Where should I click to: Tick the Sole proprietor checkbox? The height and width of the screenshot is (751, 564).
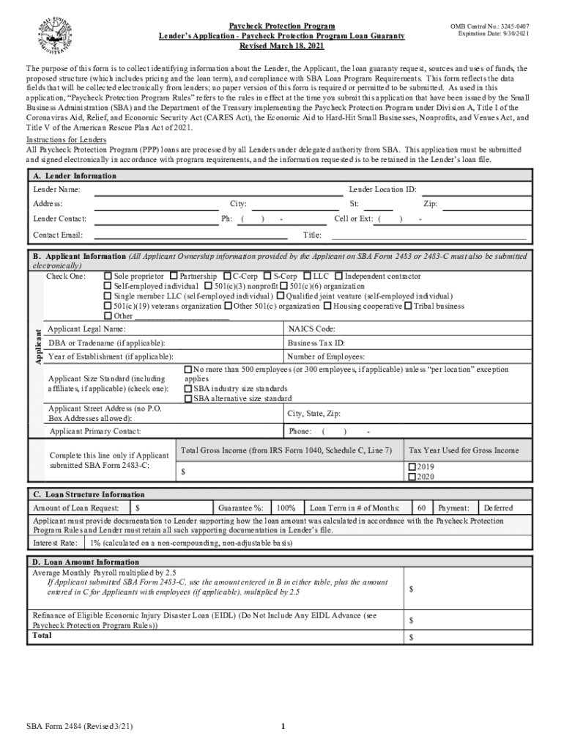click(108, 276)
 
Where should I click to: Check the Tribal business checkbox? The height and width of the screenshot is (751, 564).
click(408, 306)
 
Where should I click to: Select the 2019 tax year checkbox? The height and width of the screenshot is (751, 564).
click(412, 466)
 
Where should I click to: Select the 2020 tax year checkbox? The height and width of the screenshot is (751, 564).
click(412, 477)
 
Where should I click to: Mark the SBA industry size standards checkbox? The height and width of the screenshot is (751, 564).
click(188, 389)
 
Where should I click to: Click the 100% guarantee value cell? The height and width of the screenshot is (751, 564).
click(286, 508)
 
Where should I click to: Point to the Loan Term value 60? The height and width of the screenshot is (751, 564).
click(421, 508)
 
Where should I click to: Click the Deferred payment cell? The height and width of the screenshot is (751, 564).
click(498, 508)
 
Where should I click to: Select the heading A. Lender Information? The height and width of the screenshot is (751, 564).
click(75, 176)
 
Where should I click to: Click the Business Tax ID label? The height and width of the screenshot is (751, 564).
click(316, 342)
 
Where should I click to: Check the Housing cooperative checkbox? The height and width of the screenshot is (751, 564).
click(327, 306)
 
